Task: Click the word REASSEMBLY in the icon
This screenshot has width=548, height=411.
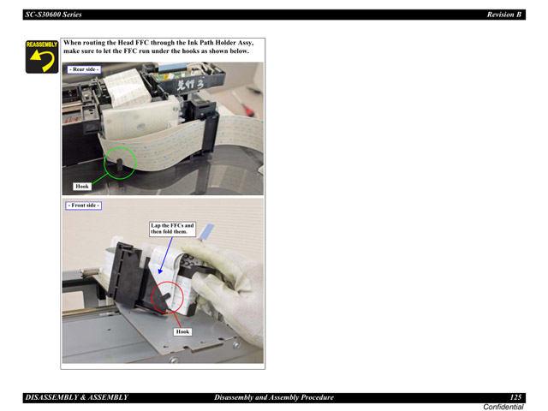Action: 41,44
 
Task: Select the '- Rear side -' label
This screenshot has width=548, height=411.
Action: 84,68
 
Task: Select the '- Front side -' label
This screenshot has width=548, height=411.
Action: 84,205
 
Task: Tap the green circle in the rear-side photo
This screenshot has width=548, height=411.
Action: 119,162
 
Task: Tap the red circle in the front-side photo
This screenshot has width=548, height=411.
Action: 165,297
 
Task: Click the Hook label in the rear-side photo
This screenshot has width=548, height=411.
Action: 82,186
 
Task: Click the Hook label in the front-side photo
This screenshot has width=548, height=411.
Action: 182,331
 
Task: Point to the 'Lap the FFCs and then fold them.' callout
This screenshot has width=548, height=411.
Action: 172,229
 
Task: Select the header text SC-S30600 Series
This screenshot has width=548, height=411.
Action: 59,15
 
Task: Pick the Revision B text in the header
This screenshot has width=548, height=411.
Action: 504,15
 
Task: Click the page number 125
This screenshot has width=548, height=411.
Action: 515,397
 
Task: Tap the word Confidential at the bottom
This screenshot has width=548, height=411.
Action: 503,407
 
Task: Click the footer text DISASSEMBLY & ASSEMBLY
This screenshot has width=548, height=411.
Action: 77,397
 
